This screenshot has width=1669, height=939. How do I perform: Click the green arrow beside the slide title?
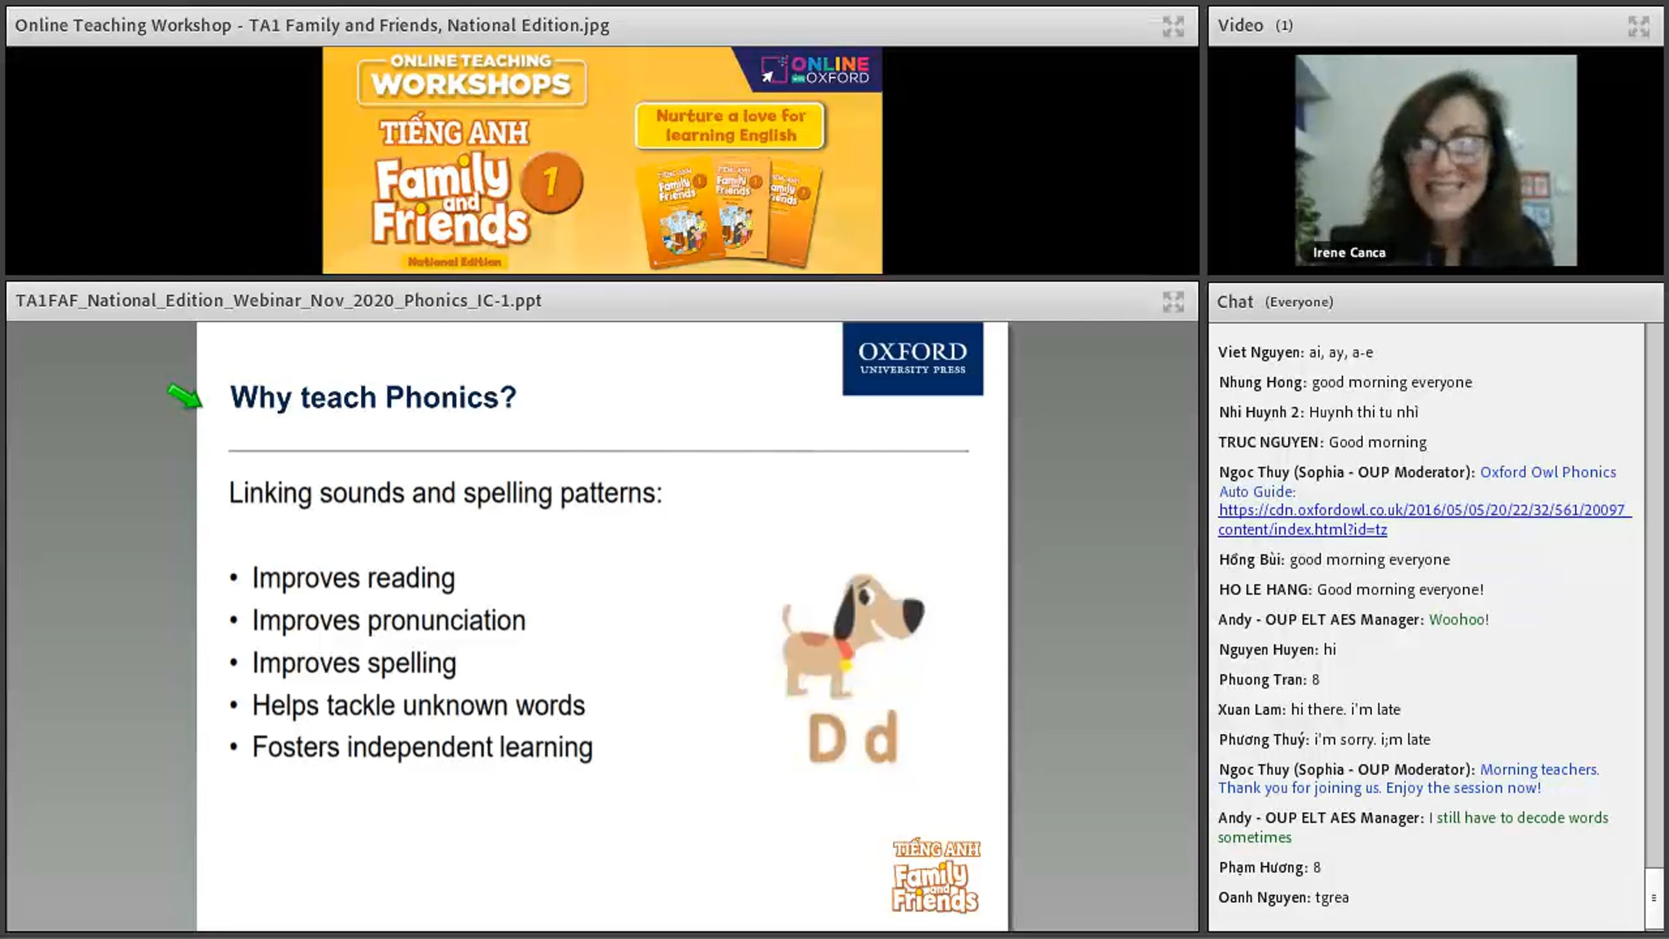(x=185, y=396)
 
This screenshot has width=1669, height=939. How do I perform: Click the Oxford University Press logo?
(x=913, y=359)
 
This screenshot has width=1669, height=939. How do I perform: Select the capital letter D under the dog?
(x=828, y=738)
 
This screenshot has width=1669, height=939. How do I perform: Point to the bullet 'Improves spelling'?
(x=354, y=663)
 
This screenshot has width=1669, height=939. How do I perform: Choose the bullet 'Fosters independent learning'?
(x=422, y=747)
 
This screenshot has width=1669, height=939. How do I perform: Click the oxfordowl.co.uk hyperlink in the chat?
(x=1424, y=520)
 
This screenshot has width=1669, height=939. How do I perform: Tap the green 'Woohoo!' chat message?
(x=1459, y=619)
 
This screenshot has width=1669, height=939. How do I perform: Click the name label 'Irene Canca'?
(x=1349, y=252)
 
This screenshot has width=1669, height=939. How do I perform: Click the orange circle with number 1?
(x=551, y=182)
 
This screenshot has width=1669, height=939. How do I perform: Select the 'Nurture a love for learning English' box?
(x=730, y=126)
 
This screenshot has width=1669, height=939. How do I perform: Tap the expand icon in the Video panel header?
(x=1638, y=26)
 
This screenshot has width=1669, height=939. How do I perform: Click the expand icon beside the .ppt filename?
(x=1173, y=301)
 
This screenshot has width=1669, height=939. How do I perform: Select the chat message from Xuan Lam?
(x=1309, y=709)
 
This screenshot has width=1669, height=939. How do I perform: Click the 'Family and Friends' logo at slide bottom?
(x=936, y=876)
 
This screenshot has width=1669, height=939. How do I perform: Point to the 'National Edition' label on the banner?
(x=455, y=262)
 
